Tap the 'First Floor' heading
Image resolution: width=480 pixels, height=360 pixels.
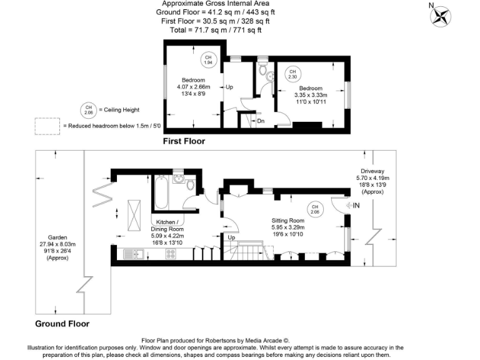[184, 141]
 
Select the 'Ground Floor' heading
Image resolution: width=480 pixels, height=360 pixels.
[62, 324]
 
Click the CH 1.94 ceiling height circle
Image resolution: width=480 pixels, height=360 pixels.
[209, 61]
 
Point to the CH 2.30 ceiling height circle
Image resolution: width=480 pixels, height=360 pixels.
[292, 74]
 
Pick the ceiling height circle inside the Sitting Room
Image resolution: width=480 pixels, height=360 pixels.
[316, 209]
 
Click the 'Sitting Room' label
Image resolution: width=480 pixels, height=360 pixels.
[287, 221]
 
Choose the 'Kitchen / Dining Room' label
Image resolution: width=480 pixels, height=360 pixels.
[167, 226]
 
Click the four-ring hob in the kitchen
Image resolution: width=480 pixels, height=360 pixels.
[170, 254]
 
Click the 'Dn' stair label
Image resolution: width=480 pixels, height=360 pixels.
[261, 121]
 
